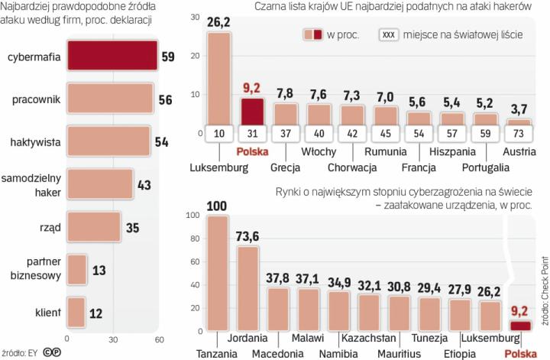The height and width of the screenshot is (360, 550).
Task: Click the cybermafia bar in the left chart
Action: tap(112, 57)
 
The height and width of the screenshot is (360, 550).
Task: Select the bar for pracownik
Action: tap(109, 99)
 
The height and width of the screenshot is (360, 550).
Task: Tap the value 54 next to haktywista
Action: tap(161, 141)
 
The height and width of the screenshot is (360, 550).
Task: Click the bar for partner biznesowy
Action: tap(77, 271)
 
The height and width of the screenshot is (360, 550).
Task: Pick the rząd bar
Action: tap(94, 228)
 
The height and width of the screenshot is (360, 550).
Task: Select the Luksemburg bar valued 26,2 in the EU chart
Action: tap(218, 76)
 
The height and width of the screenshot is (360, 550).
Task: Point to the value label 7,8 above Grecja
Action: tap(284, 93)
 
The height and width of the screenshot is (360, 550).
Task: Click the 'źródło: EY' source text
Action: tap(20, 352)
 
